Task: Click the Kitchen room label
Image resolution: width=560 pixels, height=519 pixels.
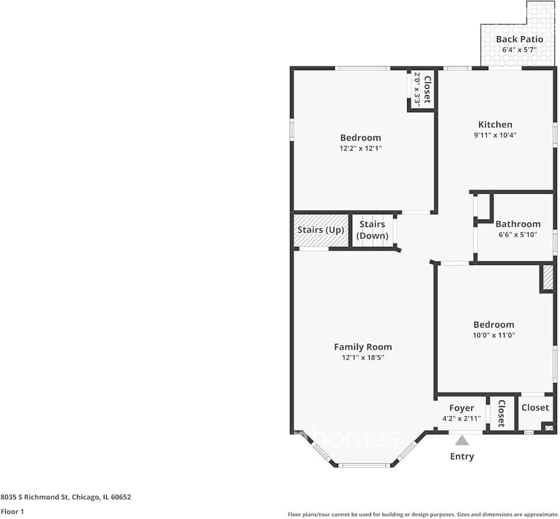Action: [495, 124]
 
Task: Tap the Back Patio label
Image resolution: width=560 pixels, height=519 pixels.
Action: [519, 39]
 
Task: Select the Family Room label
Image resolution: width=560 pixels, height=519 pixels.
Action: [362, 347]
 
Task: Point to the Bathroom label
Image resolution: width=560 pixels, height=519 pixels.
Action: [517, 224]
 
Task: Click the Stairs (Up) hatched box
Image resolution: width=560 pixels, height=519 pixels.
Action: [320, 230]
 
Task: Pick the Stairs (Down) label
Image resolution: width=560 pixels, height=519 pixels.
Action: [372, 230]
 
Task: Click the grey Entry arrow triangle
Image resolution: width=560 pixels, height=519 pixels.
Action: [462, 440]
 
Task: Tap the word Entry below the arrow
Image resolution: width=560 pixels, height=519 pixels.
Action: [462, 457]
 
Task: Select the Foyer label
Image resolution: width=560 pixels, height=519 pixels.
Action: [461, 407]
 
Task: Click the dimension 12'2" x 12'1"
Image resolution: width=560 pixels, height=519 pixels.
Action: [360, 148]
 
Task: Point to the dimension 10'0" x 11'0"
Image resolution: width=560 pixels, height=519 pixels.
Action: [494, 335]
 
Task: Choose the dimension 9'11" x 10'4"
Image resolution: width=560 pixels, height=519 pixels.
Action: [495, 135]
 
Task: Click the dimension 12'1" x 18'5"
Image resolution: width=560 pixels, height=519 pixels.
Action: [362, 357]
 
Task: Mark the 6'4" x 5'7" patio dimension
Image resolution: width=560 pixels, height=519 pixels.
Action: [519, 50]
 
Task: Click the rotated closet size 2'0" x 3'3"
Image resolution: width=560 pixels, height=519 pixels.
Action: [417, 89]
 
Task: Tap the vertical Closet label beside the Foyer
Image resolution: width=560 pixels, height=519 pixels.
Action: [501, 414]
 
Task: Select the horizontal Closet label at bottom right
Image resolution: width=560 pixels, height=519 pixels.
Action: [535, 407]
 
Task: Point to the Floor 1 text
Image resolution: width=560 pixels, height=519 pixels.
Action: [12, 512]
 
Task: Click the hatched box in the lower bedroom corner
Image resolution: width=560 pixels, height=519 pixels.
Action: [547, 277]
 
